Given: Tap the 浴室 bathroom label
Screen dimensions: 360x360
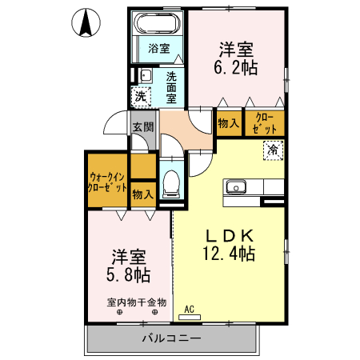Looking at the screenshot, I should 159,48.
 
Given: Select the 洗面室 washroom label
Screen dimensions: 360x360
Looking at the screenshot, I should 172,87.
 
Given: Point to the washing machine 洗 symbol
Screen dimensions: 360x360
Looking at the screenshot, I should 141,97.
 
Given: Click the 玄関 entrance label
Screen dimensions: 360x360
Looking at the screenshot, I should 143,127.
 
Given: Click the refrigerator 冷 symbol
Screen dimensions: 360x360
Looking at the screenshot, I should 273,149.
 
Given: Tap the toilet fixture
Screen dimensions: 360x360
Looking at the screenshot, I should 170,183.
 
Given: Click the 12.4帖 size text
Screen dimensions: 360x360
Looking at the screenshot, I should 230,254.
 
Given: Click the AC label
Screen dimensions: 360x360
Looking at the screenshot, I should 190,309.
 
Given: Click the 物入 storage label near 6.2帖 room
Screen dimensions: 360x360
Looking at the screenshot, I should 227,122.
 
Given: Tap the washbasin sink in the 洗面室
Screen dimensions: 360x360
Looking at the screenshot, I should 145,76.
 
